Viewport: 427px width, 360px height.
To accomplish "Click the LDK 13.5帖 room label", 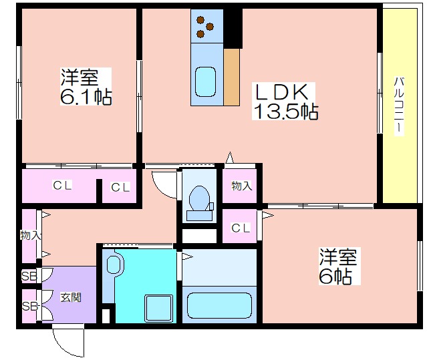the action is tap(285, 102).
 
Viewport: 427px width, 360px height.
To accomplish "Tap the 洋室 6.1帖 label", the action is tap(86, 87).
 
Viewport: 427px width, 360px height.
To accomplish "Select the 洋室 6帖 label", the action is tap(338, 266).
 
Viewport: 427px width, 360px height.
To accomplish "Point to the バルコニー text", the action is tap(399, 106).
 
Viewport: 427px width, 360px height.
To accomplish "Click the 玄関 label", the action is tap(71, 297).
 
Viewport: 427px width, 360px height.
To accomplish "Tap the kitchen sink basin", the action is tap(206, 81).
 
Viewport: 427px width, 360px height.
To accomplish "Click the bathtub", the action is tap(219, 305).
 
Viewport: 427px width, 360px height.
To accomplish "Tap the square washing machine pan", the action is tap(158, 308).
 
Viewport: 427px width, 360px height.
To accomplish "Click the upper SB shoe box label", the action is tap(29, 277).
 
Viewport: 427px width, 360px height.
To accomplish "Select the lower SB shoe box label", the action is tap(31, 306).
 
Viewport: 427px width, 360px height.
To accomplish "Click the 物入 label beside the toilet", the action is tap(241, 186).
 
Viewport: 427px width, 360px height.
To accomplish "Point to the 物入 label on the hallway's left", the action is tap(31, 235).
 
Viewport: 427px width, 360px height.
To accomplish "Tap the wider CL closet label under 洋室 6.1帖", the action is tap(62, 185).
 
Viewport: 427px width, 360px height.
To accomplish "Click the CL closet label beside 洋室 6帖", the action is tap(241, 228).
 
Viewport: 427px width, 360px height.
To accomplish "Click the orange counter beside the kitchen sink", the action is tap(231, 77).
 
